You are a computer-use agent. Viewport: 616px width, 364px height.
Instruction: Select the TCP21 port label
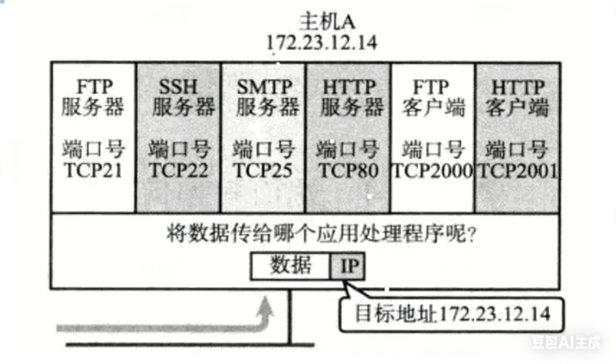pyautogui.click(x=94, y=171)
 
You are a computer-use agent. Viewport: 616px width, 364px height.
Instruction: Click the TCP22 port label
pyautogui.click(x=178, y=171)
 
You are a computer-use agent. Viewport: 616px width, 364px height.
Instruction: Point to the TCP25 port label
pyautogui.click(x=263, y=171)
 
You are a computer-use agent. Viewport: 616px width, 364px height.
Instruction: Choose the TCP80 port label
pyautogui.click(x=348, y=171)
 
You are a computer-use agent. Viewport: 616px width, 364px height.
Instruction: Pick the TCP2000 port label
pyautogui.click(x=433, y=171)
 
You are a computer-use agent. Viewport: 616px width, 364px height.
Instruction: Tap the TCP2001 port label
pyautogui.click(x=518, y=171)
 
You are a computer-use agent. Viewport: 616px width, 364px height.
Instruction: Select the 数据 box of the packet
pyautogui.click(x=291, y=266)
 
